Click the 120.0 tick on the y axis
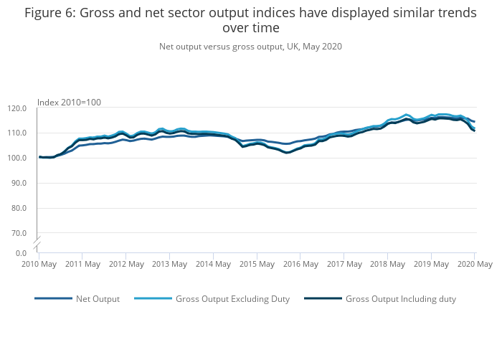coord(17,108)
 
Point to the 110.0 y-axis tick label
coord(17,133)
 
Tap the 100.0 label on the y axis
coord(17,158)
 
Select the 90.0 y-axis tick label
coord(19,184)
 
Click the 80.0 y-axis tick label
coord(19,209)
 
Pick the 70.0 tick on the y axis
coord(19,234)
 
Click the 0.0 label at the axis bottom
coord(22,253)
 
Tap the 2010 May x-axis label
coord(39,265)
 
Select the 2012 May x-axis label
coord(126,265)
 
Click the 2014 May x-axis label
coord(213,265)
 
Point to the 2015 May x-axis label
coord(257,265)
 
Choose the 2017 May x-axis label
coord(344,265)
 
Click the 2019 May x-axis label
coord(431,265)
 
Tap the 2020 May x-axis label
coord(474,265)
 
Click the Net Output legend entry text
coord(98,299)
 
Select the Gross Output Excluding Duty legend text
coord(232,299)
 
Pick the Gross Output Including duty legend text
coord(400,299)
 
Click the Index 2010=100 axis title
coord(69,102)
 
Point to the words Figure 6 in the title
coord(52,13)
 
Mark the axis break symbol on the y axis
coord(37,242)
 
